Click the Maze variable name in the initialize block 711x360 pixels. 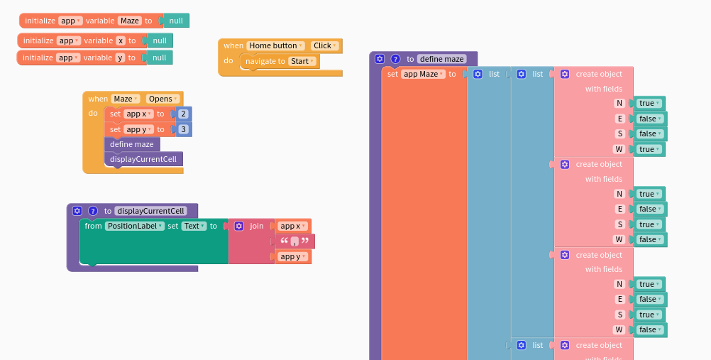click(130, 21)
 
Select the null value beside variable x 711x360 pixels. click(160, 40)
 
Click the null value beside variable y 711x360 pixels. click(160, 58)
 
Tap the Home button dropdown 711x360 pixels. click(275, 45)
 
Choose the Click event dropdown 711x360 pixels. click(325, 45)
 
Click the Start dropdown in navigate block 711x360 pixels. click(302, 61)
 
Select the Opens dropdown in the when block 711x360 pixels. click(162, 99)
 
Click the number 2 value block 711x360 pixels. click(183, 114)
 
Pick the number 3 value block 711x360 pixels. click(183, 129)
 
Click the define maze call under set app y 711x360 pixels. click(132, 144)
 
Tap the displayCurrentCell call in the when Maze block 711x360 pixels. click(143, 159)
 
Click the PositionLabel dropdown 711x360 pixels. click(134, 226)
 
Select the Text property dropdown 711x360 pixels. click(194, 226)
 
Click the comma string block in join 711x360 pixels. click(294, 241)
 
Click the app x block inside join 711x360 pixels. click(293, 226)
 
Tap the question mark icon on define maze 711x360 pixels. click(395, 59)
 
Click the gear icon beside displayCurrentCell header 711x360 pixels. click(77, 211)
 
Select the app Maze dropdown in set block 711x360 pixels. click(424, 74)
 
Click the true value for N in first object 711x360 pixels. click(649, 103)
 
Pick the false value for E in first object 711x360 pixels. click(650, 119)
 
